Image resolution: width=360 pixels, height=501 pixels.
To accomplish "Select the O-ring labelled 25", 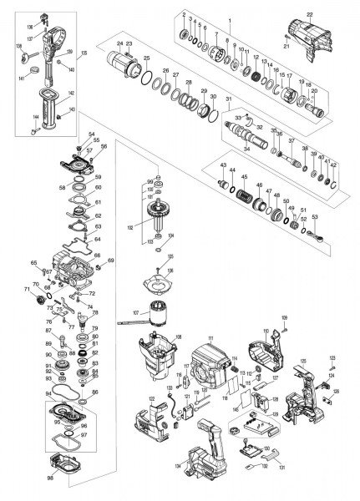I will click(x=147, y=80).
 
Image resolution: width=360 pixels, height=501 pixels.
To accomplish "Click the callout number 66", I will click(x=98, y=255).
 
